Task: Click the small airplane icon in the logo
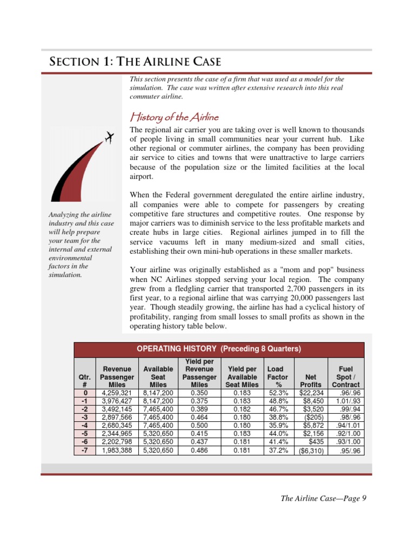coord(109,138)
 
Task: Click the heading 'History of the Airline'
coord(175,117)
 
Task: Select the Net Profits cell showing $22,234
coord(311,393)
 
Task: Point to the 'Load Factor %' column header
coord(278,376)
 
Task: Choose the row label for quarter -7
coord(85,450)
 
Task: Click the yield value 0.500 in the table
coord(200,426)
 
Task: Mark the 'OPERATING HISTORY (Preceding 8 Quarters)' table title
coord(219,349)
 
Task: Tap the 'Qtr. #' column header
coord(85,380)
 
